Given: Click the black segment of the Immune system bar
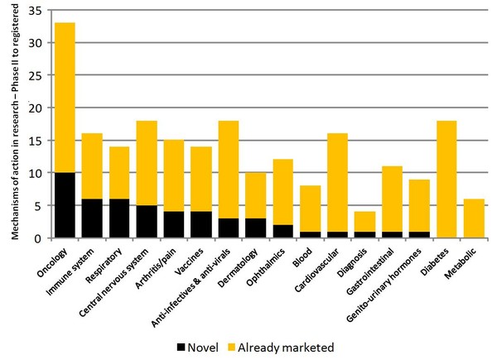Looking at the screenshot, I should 91,218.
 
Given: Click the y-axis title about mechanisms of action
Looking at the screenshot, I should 14,124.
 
